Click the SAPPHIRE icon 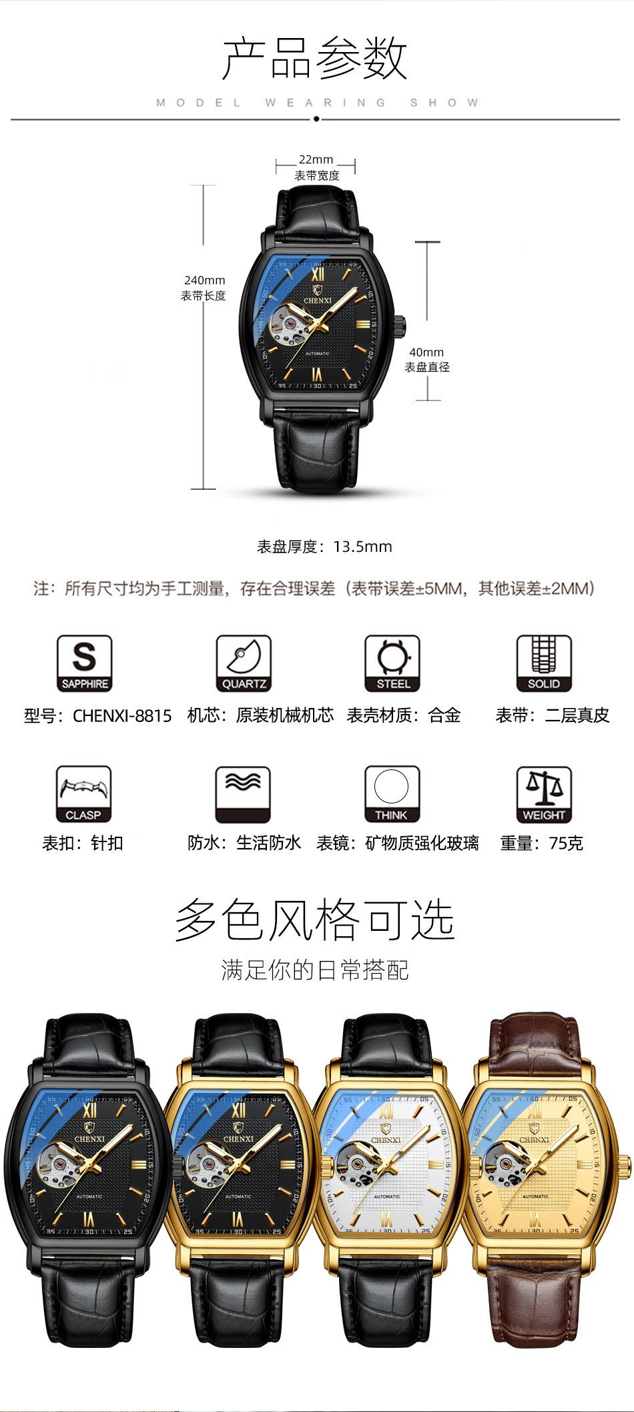(84, 663)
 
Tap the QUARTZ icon (243, 663)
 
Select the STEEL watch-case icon (392, 663)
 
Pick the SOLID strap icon (544, 663)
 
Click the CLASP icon (84, 794)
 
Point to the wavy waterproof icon (243, 794)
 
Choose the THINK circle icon (392, 794)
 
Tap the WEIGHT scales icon (544, 794)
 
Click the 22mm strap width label (316, 160)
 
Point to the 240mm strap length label (204, 280)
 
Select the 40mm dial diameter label (426, 352)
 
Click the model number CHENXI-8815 (122, 716)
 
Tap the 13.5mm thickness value (363, 547)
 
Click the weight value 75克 (566, 843)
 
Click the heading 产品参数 (314, 59)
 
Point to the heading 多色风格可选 (314, 920)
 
